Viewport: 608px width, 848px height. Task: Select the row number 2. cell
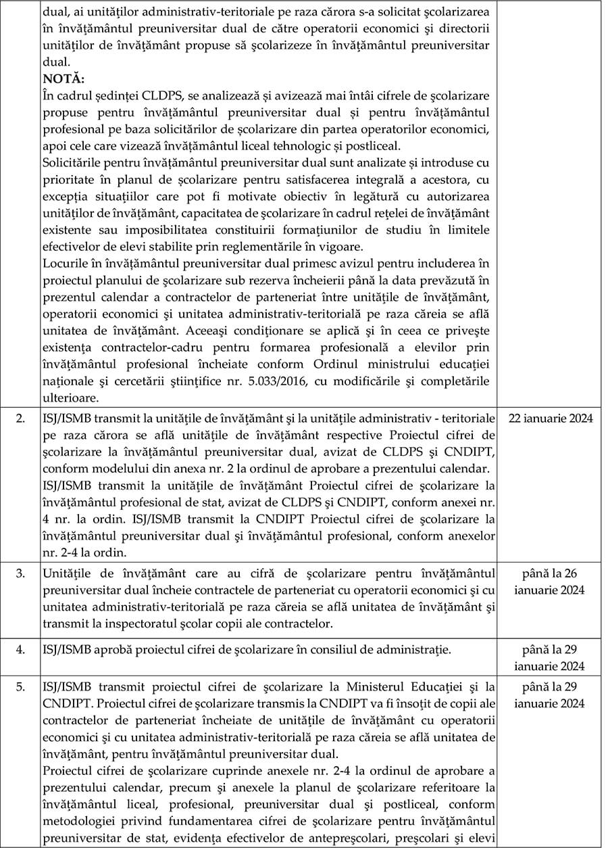[x=22, y=418]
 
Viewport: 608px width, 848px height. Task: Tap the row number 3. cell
[x=22, y=573]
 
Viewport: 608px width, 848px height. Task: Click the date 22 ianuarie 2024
[x=550, y=418]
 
